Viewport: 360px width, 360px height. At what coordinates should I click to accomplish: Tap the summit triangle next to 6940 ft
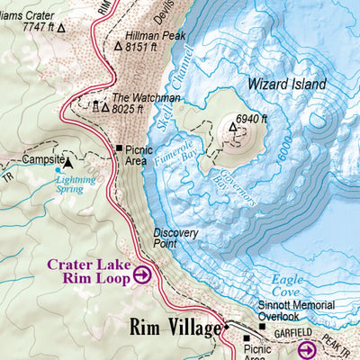pos(232,129)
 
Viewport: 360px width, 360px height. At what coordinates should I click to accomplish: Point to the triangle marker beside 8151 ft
pos(118,44)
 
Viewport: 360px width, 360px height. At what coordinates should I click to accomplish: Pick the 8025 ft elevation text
pos(134,109)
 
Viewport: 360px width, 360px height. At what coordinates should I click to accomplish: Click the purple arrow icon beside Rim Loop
pos(142,276)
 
